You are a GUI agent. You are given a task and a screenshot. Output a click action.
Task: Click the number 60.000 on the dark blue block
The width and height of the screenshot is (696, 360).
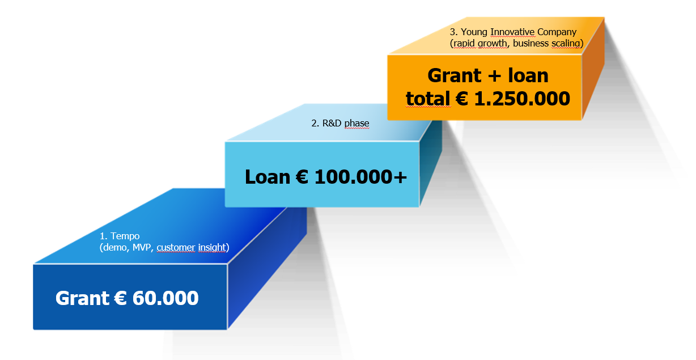(165, 298)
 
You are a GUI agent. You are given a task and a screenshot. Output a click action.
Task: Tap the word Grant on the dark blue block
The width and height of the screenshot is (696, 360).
(83, 298)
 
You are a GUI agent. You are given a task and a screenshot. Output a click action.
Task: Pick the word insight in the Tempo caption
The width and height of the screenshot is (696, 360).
(211, 247)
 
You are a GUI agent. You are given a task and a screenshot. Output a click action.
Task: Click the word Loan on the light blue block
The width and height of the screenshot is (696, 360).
(268, 177)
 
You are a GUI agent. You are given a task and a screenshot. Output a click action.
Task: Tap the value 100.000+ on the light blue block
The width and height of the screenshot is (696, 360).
(360, 177)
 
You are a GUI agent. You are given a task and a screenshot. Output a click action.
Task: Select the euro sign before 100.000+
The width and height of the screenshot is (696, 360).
(303, 177)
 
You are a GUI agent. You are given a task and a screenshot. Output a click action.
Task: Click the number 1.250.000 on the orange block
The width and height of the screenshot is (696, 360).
(522, 99)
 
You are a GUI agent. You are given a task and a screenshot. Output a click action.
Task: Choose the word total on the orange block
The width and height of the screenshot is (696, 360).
(427, 99)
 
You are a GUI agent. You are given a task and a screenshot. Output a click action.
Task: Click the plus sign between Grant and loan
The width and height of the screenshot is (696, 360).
(492, 76)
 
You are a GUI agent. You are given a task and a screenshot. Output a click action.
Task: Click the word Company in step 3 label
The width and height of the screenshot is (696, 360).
(558, 32)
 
